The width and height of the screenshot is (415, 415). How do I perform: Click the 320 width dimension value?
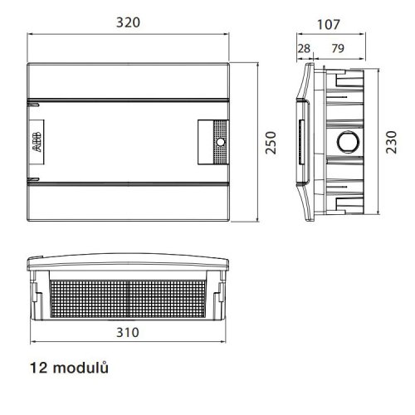(128, 22)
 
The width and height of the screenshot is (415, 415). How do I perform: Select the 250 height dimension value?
(271, 143)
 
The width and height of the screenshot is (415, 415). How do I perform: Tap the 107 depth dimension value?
(328, 24)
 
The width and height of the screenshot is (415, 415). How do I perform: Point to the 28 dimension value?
(304, 48)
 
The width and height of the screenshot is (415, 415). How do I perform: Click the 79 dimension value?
(338, 48)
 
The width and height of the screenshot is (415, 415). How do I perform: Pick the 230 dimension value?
(391, 142)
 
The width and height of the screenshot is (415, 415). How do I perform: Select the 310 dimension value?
(128, 332)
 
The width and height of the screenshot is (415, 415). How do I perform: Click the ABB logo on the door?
(37, 142)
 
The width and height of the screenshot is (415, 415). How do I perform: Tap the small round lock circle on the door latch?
(221, 142)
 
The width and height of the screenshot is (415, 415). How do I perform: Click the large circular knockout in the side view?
(348, 142)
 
